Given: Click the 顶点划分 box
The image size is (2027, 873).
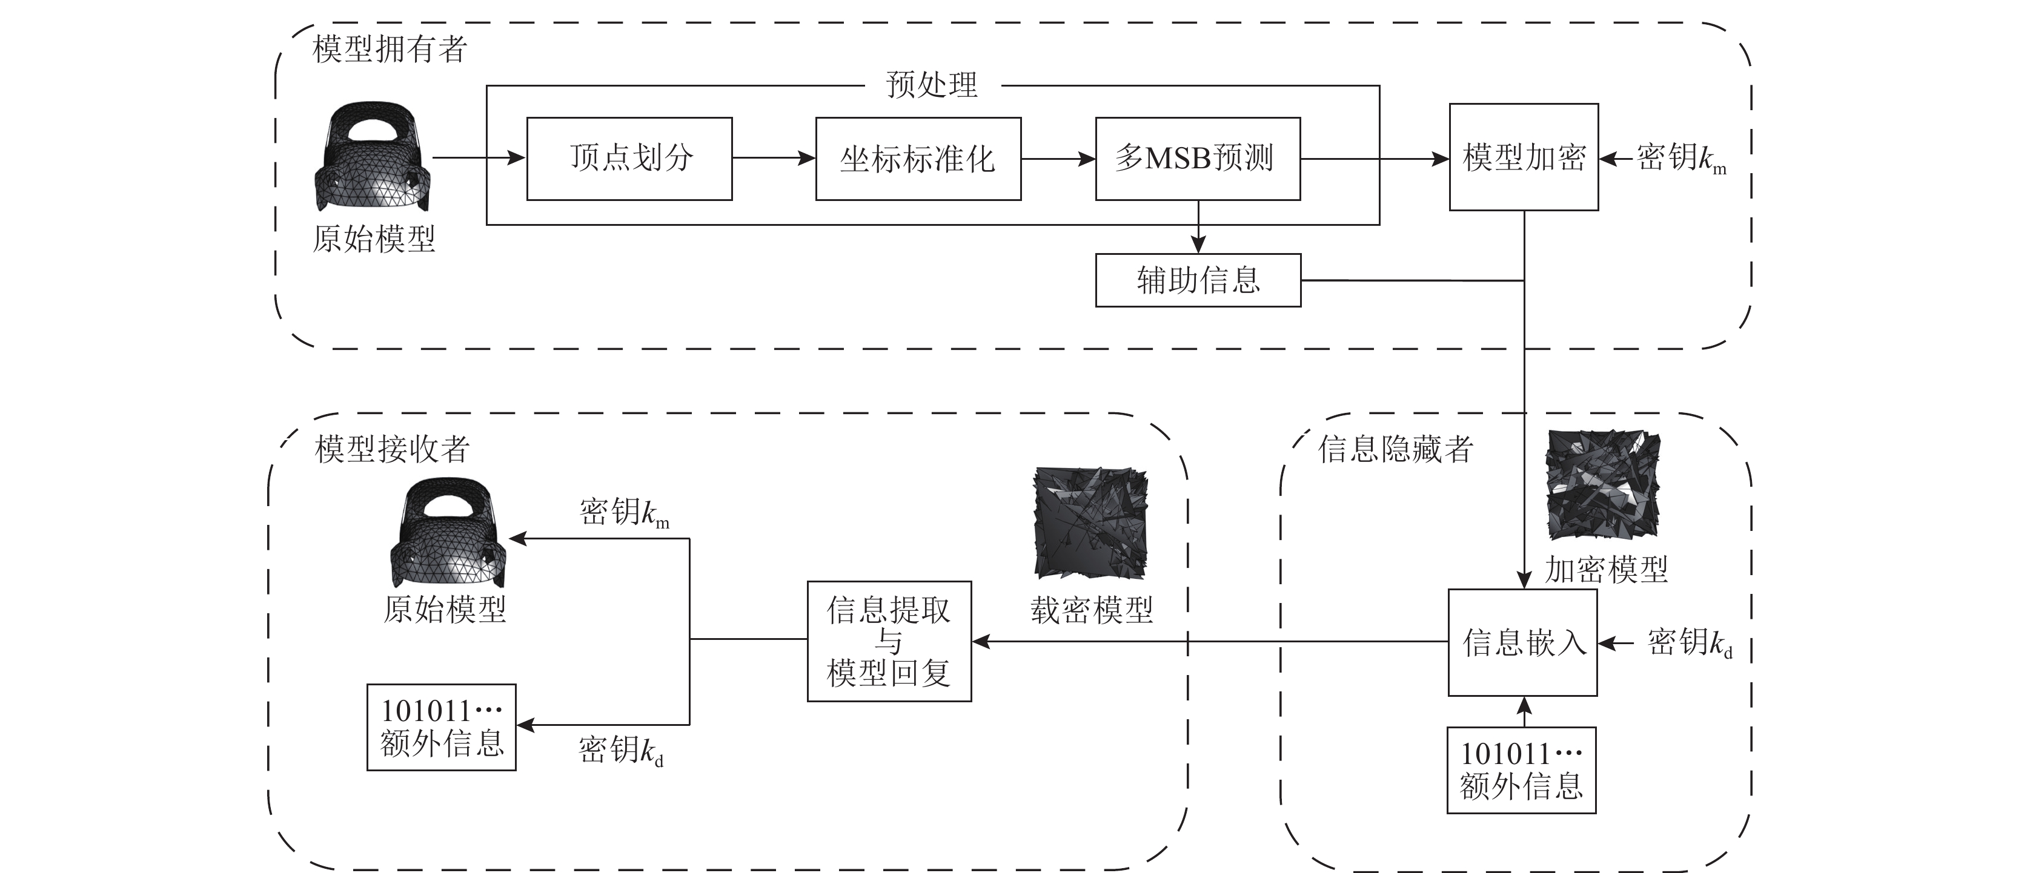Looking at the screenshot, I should [x=629, y=159].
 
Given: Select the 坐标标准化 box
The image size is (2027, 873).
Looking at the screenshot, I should [x=918, y=159].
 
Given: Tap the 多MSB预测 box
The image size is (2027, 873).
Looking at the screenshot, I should [x=1197, y=159].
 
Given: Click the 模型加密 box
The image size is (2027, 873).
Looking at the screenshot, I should [x=1524, y=157].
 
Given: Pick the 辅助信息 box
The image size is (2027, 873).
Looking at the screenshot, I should [x=1198, y=280].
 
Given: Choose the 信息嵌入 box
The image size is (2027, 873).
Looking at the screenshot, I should [x=1522, y=642].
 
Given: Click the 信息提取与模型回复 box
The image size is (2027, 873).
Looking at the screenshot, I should [x=889, y=641].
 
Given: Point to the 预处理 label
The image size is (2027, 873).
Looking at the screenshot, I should [x=932, y=85].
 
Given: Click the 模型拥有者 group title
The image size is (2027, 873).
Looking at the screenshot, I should [x=390, y=49].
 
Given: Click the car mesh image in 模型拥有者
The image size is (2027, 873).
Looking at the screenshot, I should [x=373, y=157].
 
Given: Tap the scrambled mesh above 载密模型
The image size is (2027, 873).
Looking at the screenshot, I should [x=1090, y=523].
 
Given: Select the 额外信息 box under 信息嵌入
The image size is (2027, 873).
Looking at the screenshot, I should [x=1521, y=770].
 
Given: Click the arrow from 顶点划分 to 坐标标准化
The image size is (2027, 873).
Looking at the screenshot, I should [x=774, y=158].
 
